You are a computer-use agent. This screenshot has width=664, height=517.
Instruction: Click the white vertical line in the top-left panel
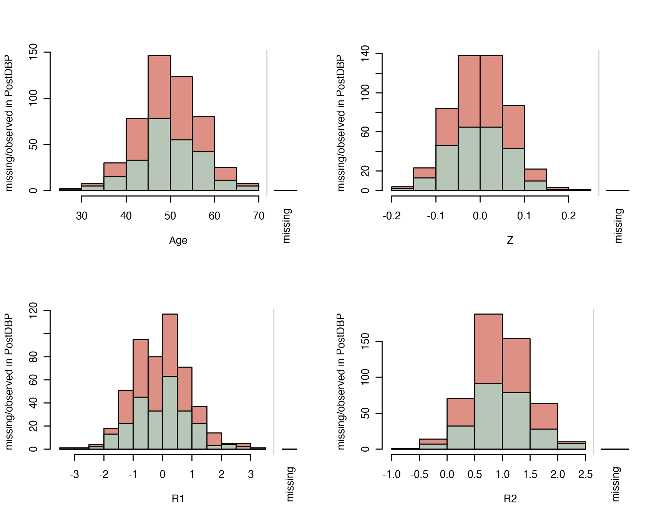[x=267, y=123]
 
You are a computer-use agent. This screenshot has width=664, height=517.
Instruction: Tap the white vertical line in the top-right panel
[x=599, y=123]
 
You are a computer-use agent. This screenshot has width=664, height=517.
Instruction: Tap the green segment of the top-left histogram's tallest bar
[x=159, y=154]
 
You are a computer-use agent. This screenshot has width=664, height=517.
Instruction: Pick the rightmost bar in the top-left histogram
[x=247, y=187]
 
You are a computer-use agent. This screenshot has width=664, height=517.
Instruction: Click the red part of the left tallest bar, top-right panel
[x=469, y=92]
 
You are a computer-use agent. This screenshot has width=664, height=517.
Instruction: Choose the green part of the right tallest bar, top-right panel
[x=491, y=158]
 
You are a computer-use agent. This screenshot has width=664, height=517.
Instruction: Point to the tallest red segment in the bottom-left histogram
[x=170, y=345]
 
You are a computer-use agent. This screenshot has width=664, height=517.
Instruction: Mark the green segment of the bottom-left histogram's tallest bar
[x=170, y=412]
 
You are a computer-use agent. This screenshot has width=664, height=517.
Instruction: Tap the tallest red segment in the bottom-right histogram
[x=488, y=349]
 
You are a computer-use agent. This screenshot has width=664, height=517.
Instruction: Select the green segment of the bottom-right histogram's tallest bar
[x=488, y=416]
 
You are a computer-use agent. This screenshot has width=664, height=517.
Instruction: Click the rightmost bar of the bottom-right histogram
[x=571, y=446]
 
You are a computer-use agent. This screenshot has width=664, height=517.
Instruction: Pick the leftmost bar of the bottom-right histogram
[x=433, y=444]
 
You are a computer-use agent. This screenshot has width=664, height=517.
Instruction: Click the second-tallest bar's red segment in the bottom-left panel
[x=141, y=369]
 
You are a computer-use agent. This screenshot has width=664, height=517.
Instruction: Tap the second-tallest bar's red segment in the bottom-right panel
[x=516, y=366]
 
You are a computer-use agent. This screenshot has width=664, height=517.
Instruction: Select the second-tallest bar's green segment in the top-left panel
[x=181, y=165]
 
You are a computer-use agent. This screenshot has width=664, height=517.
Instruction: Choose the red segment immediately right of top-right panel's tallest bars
[x=513, y=127]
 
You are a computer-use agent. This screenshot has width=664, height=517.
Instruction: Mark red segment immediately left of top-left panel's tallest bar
[x=137, y=140]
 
